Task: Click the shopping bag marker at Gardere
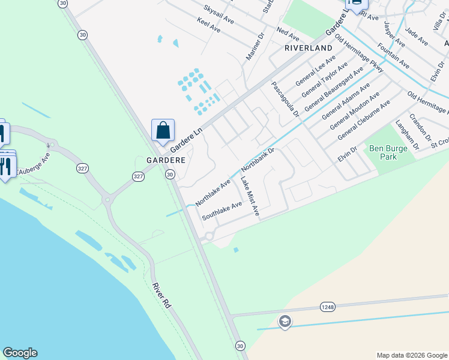(163, 130)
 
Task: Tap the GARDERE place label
(166, 161)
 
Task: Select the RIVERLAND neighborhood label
(308, 47)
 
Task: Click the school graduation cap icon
(285, 322)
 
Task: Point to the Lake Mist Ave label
(250, 196)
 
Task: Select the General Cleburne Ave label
(364, 120)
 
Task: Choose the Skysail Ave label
(218, 14)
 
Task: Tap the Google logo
(20, 353)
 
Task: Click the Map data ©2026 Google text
(411, 355)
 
